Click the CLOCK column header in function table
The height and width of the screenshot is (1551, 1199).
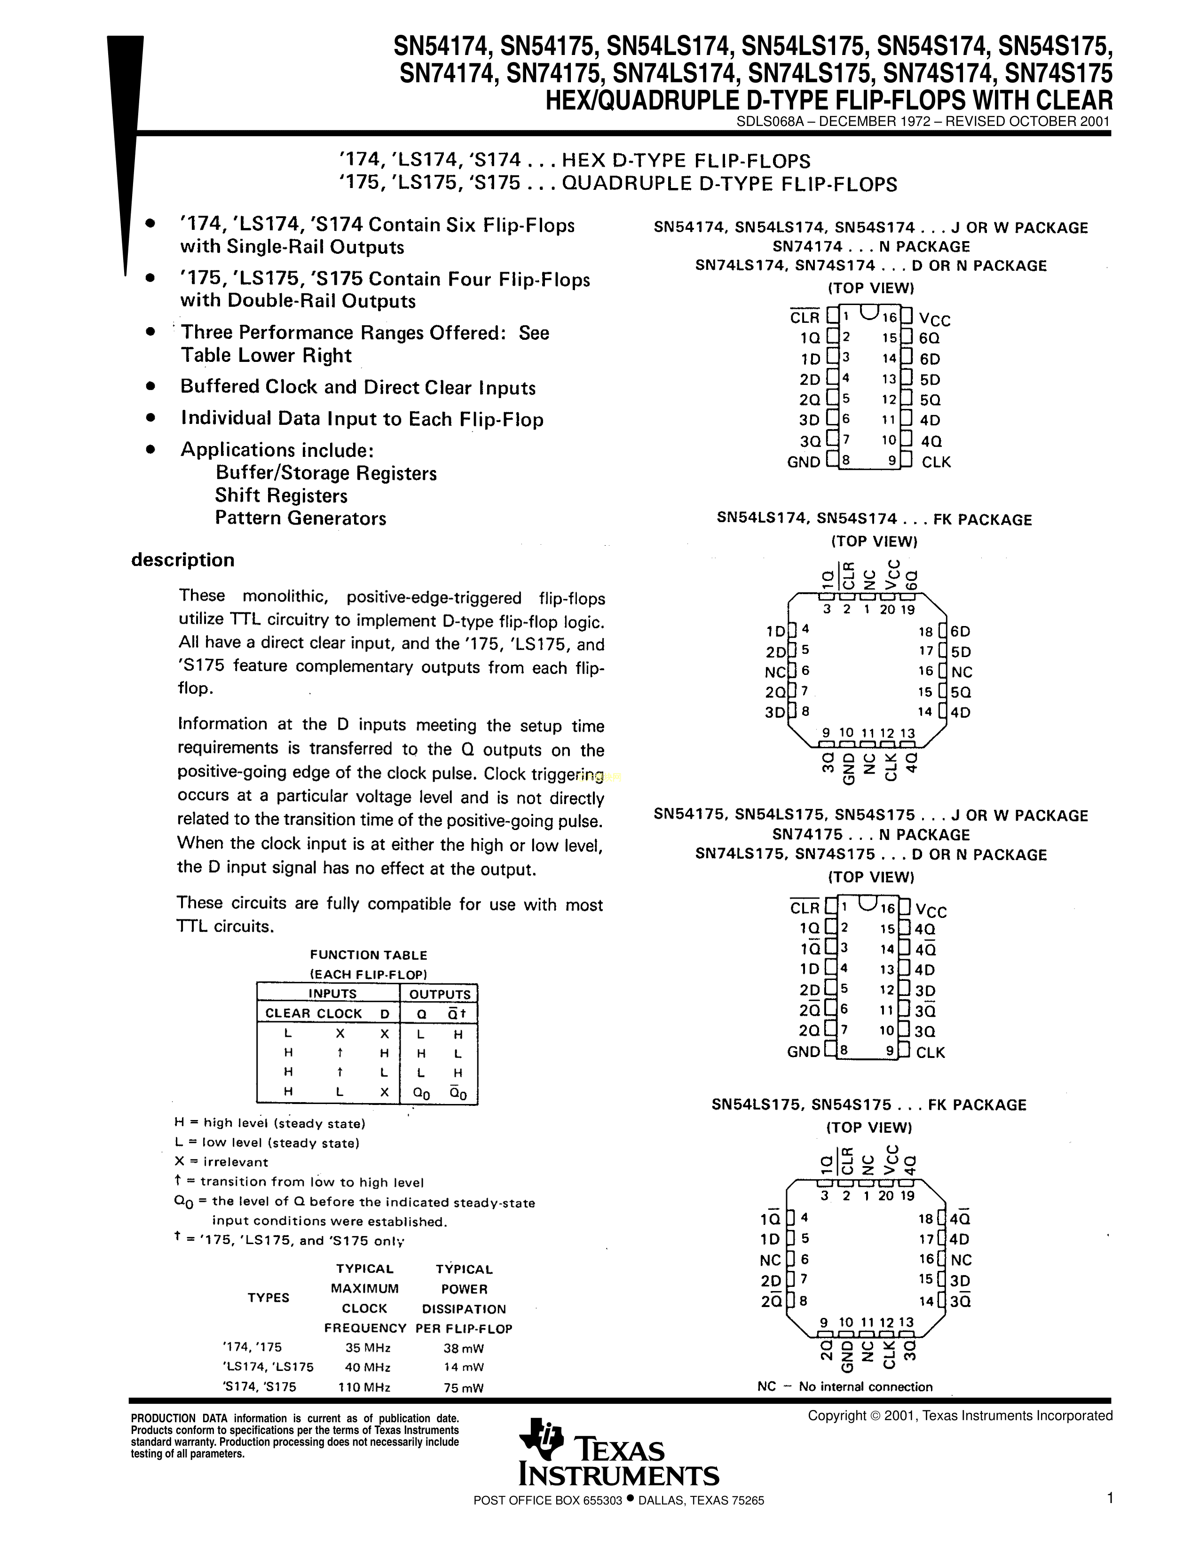tap(339, 1013)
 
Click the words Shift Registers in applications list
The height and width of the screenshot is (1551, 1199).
tap(281, 496)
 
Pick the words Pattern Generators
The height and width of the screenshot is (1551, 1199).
tap(300, 518)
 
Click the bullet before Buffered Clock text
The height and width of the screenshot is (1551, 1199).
tap(150, 386)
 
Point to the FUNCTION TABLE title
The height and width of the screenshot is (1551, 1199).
tap(368, 955)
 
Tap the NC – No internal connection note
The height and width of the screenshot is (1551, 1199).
tap(844, 1386)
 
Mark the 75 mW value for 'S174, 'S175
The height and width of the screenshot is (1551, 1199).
tap(463, 1387)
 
